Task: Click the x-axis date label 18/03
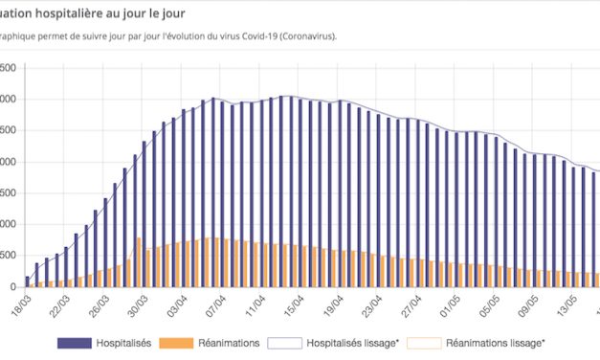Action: click(x=18, y=304)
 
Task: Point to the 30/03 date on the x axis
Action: click(x=138, y=304)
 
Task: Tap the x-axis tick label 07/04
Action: click(x=215, y=304)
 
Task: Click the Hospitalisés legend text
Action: click(x=123, y=342)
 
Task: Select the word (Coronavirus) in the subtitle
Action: click(x=312, y=38)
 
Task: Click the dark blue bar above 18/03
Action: click(x=27, y=281)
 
